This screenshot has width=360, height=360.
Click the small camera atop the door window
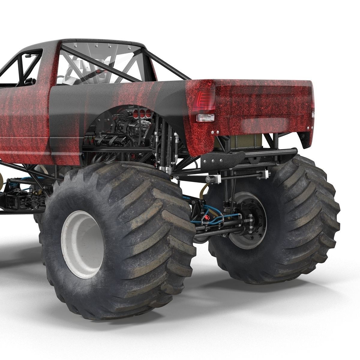28,56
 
